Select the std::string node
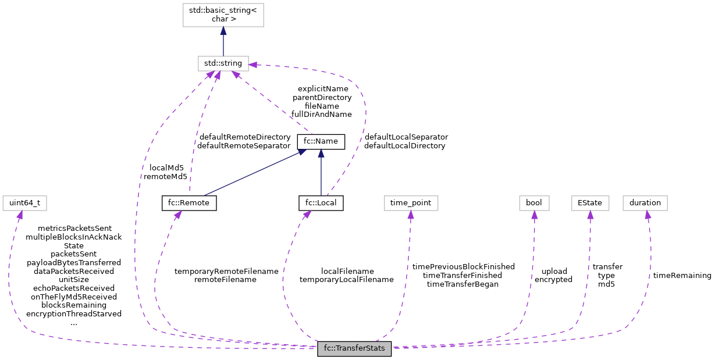point(223,63)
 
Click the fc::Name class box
point(321,141)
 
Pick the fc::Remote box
point(189,203)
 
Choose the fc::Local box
point(321,203)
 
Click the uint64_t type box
point(24,203)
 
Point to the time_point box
point(411,203)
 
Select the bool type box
point(534,203)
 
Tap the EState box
point(590,203)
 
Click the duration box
point(645,203)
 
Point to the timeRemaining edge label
point(682,275)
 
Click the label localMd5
point(166,167)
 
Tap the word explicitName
point(323,88)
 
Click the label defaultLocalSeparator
point(406,137)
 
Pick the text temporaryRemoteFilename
point(226,271)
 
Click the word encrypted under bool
point(553,279)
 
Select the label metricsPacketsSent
point(74,228)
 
